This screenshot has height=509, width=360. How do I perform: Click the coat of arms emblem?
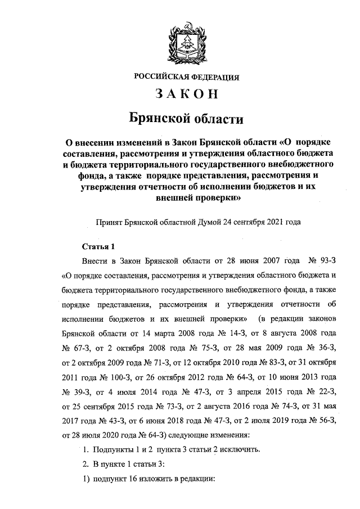(186, 41)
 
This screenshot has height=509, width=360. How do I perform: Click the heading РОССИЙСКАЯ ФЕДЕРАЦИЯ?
(186, 77)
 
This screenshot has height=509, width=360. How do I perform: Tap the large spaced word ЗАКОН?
(186, 96)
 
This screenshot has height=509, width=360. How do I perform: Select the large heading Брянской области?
(186, 119)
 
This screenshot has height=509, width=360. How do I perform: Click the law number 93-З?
(325, 261)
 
